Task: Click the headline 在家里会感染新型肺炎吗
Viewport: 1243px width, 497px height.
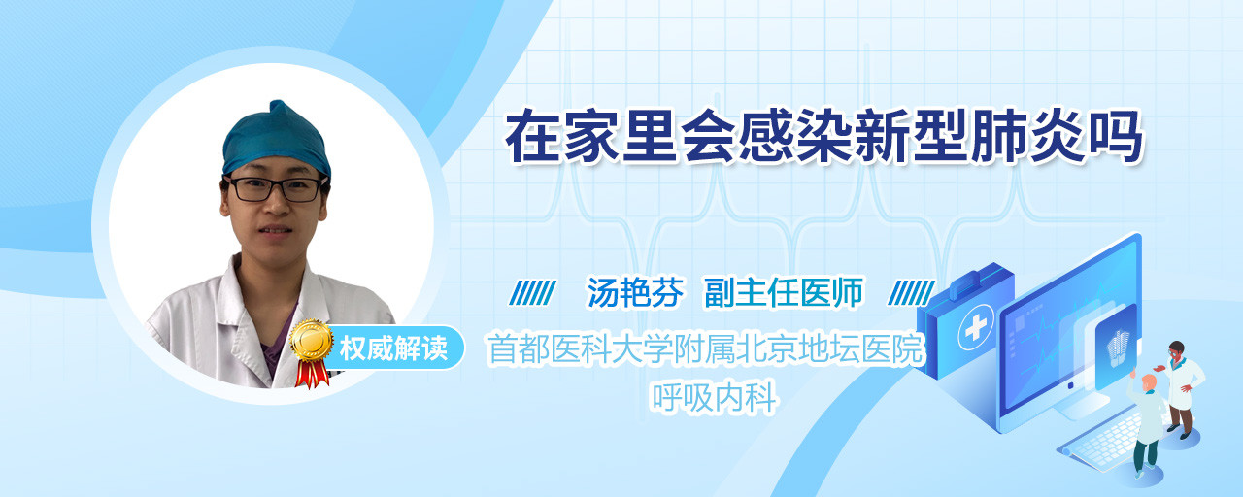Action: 824,137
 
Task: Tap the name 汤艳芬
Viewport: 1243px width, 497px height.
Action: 635,292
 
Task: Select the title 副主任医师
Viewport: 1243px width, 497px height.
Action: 784,292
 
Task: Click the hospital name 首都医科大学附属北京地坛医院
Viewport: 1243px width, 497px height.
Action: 705,348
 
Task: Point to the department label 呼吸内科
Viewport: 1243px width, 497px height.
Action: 714,397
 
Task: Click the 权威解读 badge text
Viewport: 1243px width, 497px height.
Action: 393,348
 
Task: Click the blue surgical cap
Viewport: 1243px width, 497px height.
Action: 277,139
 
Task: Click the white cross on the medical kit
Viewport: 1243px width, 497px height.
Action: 976,328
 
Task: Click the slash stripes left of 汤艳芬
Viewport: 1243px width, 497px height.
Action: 533,293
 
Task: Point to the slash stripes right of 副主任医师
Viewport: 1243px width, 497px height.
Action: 911,293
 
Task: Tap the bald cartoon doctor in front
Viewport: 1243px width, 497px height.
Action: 1147,422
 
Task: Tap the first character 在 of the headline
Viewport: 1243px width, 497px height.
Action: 533,137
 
